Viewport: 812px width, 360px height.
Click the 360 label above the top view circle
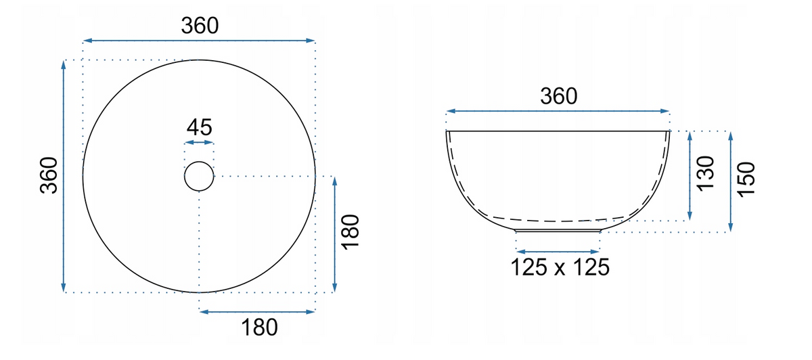[200, 26]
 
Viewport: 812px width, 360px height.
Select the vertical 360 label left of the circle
[49, 175]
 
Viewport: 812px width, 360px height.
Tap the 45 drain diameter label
[199, 127]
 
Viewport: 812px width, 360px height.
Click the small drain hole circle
[199, 176]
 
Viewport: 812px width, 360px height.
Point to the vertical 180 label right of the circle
[351, 232]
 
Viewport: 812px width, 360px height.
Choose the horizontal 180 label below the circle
[259, 328]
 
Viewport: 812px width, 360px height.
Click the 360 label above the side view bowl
[559, 97]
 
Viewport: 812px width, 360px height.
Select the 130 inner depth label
[705, 174]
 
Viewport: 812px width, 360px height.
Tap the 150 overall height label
[746, 180]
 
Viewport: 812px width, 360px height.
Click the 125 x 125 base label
[560, 267]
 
